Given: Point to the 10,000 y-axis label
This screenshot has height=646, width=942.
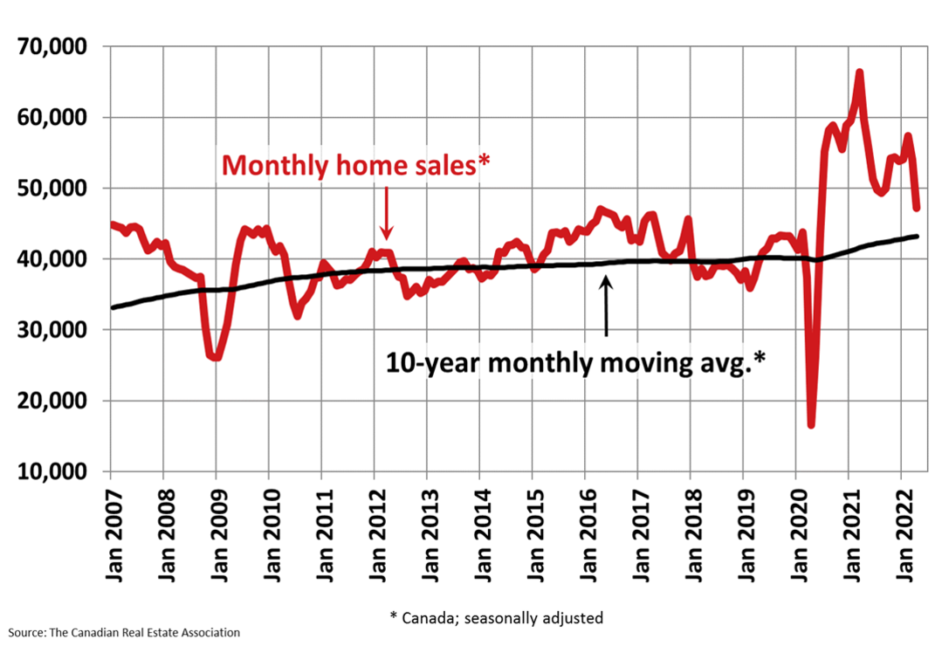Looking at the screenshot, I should [54, 471].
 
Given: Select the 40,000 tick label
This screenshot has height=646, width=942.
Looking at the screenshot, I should [54, 259].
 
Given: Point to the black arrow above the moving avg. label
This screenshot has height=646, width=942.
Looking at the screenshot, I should [606, 306].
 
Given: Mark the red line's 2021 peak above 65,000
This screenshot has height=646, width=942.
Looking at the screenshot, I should [860, 72].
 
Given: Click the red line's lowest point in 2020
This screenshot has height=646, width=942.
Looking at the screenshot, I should [811, 424].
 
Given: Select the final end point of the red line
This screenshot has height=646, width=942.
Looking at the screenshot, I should [917, 208].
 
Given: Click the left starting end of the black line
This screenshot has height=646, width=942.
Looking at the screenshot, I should [113, 307].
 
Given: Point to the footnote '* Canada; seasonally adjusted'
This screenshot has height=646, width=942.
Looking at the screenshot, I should [496, 617].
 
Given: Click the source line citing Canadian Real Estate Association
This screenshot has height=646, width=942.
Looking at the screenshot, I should [124, 632].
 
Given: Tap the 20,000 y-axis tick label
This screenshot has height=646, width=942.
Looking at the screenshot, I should [54, 401].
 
